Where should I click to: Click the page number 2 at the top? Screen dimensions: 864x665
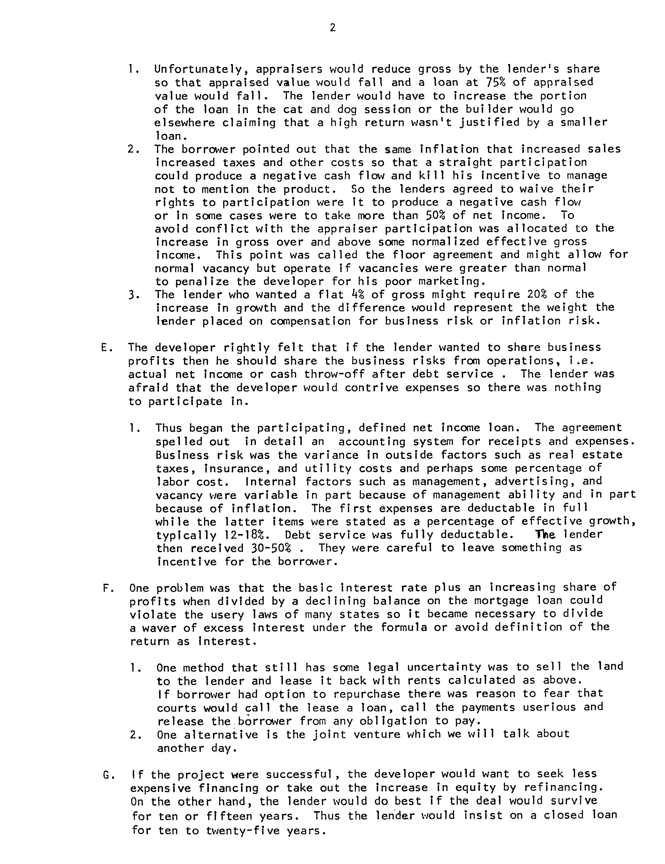[332, 28]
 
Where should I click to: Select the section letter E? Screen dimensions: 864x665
[104, 348]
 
